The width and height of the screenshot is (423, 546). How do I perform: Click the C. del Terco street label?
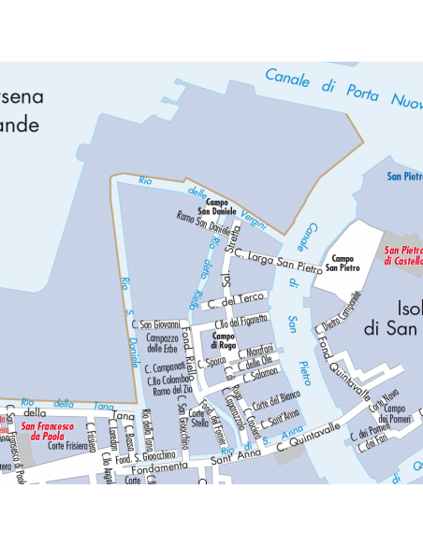click(237, 300)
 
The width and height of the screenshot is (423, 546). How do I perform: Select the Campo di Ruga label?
click(224, 339)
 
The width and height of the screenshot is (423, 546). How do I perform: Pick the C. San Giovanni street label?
click(154, 323)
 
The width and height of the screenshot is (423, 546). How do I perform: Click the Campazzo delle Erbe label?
click(163, 343)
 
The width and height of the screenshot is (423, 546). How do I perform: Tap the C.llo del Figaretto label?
click(241, 322)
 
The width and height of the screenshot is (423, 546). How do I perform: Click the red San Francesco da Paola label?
click(47, 430)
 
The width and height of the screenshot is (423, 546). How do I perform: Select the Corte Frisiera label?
click(68, 446)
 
